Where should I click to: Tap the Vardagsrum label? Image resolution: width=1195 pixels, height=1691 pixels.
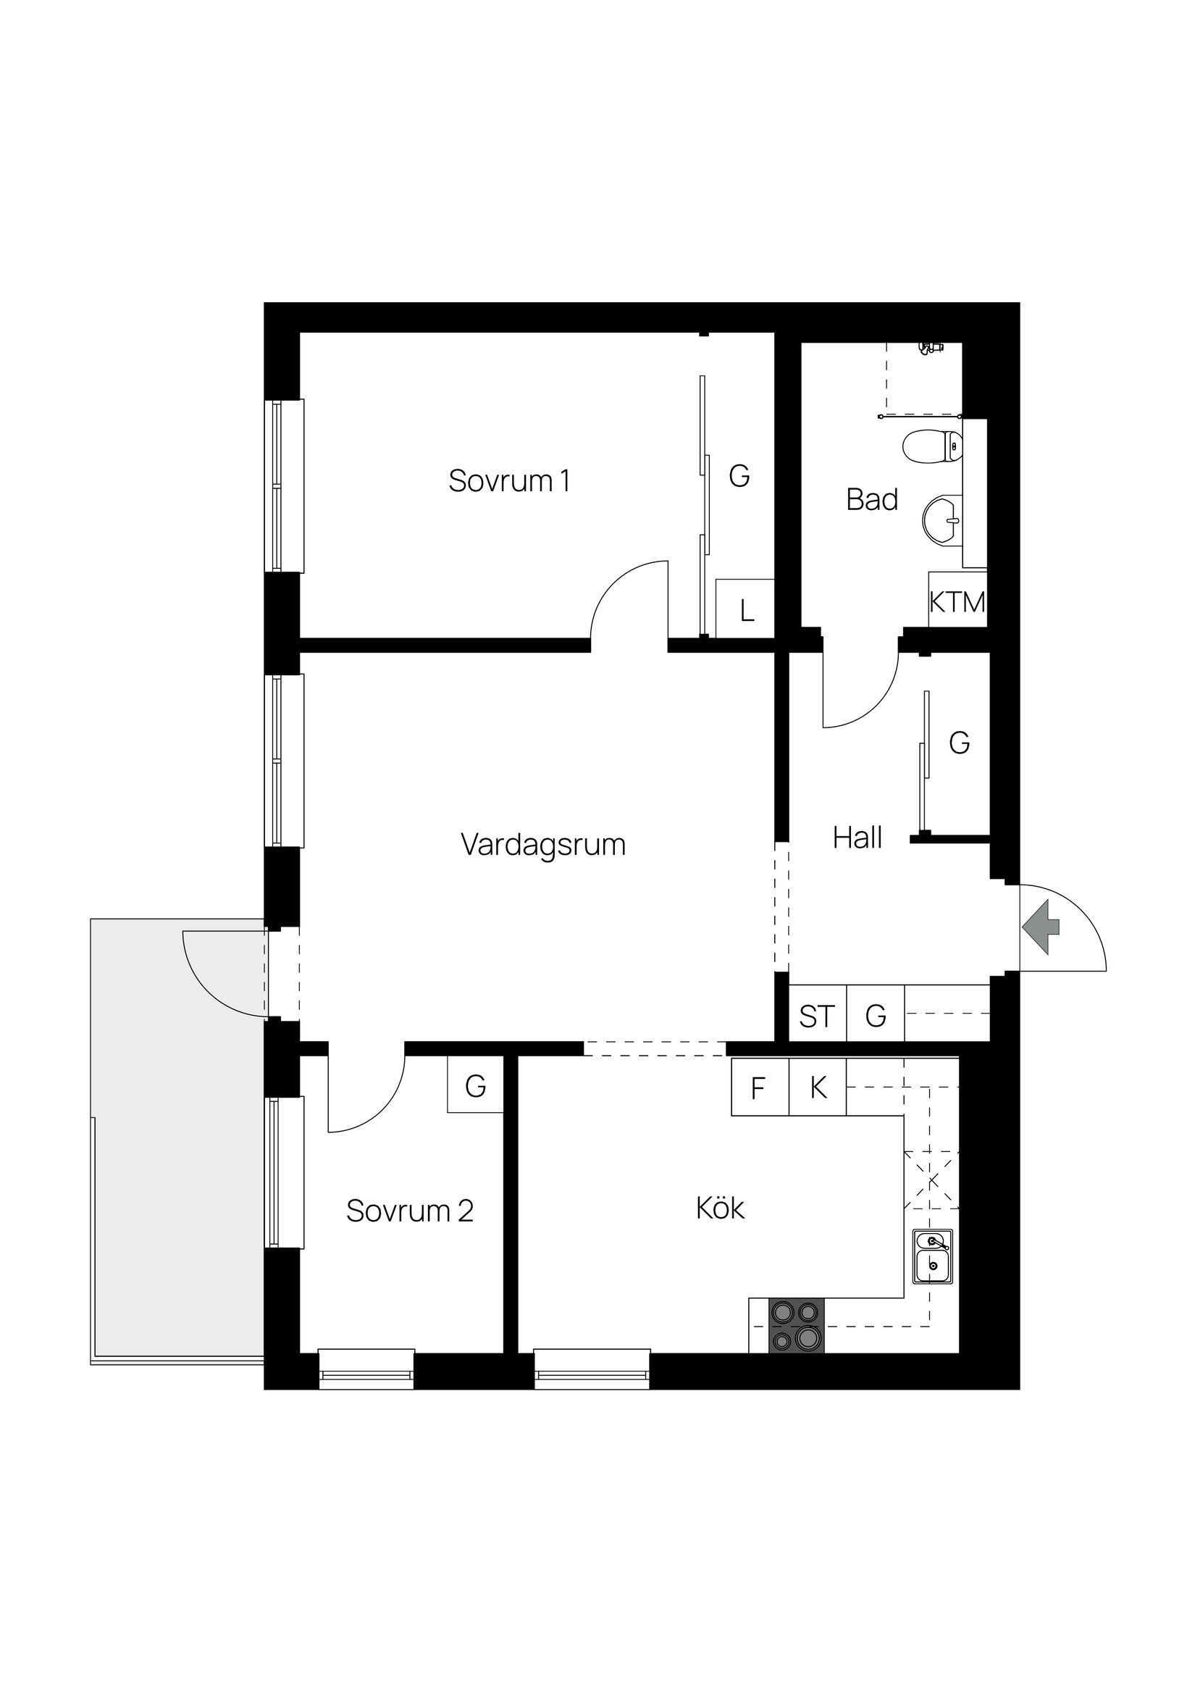click(542, 844)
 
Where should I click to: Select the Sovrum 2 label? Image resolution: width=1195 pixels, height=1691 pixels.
click(409, 1211)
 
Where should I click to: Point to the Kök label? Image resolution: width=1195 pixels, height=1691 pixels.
click(719, 1208)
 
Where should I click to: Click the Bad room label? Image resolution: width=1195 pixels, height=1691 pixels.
click(872, 500)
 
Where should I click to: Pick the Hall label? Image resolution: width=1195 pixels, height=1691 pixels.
click(857, 838)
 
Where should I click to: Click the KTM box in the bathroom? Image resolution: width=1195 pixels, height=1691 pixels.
click(957, 603)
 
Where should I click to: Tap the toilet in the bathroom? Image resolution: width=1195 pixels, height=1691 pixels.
click(932, 446)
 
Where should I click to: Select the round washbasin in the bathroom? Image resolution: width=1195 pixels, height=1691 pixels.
click(942, 521)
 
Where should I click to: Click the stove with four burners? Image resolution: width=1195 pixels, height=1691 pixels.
click(796, 1326)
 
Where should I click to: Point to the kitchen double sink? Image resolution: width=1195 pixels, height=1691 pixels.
click(932, 1256)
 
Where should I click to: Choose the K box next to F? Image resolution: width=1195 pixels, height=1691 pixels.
click(817, 1087)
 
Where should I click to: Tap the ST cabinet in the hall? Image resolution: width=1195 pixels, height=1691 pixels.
click(816, 1017)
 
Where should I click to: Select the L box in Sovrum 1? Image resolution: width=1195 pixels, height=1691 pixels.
click(747, 611)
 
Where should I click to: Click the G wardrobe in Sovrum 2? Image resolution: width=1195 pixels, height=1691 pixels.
click(476, 1085)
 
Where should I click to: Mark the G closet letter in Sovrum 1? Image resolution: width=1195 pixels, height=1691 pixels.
click(739, 477)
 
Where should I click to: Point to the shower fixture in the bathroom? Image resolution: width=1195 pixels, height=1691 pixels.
click(931, 348)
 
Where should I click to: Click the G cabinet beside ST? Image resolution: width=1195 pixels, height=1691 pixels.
click(876, 1017)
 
